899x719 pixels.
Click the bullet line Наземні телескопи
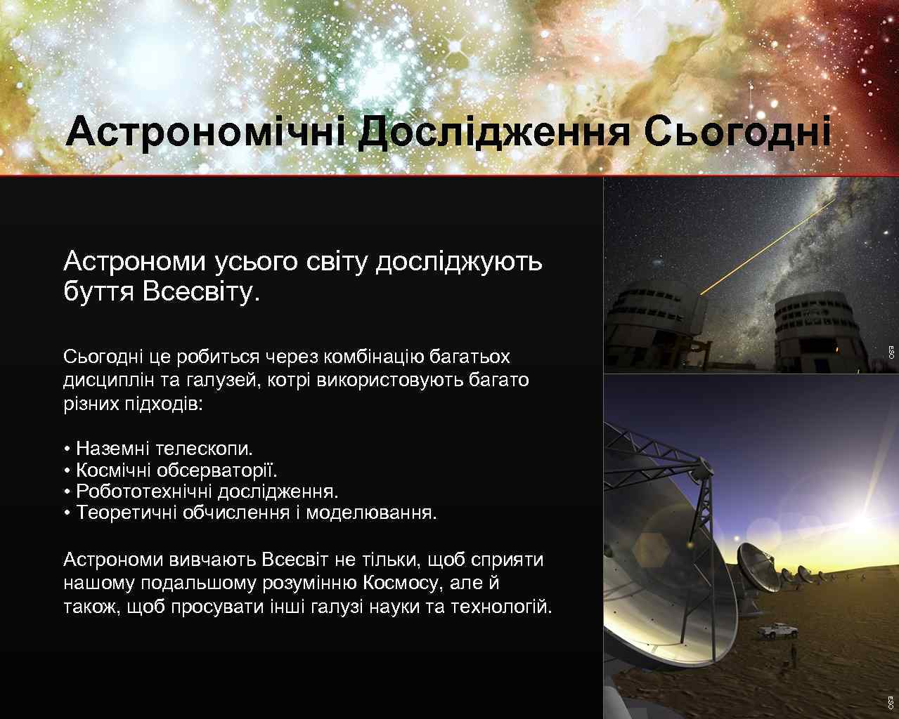[159, 448]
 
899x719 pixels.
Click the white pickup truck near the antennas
[775, 630]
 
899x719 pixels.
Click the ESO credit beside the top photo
[891, 352]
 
